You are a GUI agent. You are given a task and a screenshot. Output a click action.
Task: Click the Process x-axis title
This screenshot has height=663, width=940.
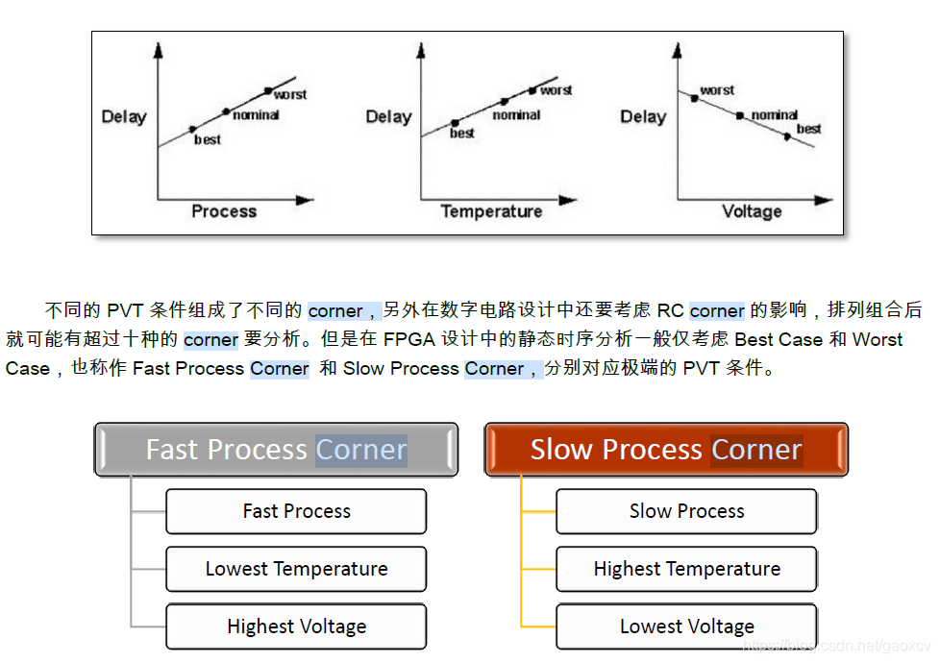224,211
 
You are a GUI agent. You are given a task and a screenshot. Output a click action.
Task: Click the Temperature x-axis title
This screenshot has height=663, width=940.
491,211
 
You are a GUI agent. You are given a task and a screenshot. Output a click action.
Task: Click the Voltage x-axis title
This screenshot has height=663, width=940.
752,211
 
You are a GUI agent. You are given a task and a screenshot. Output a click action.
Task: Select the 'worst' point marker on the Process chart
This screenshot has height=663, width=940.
268,91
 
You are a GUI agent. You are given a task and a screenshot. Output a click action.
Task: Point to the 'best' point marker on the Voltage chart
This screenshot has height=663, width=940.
787,136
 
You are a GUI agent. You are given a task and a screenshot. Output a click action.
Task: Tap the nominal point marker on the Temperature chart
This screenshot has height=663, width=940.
504,101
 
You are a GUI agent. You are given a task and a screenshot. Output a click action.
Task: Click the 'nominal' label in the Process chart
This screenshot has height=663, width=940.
256,115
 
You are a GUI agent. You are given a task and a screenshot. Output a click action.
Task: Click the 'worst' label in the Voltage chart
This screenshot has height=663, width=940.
717,90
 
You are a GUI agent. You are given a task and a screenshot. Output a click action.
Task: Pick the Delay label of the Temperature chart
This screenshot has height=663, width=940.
388,117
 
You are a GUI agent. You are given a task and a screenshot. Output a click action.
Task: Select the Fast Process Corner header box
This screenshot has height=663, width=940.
276,450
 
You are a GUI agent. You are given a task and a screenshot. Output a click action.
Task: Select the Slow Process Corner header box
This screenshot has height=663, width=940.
666,450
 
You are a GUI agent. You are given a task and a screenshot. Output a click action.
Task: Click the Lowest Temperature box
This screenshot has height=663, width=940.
296,569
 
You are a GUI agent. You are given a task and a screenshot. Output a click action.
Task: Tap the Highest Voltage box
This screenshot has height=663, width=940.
296,626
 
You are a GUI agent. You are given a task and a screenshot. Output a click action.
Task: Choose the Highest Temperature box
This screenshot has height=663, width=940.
686,569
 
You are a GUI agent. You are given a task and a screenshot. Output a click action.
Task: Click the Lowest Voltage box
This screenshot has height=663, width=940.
686,626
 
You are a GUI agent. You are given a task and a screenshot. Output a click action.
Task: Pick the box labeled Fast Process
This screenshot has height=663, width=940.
296,511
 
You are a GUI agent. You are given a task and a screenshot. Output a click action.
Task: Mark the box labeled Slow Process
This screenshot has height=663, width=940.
686,511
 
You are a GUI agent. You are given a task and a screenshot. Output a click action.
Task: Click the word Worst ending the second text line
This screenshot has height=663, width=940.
878,339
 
